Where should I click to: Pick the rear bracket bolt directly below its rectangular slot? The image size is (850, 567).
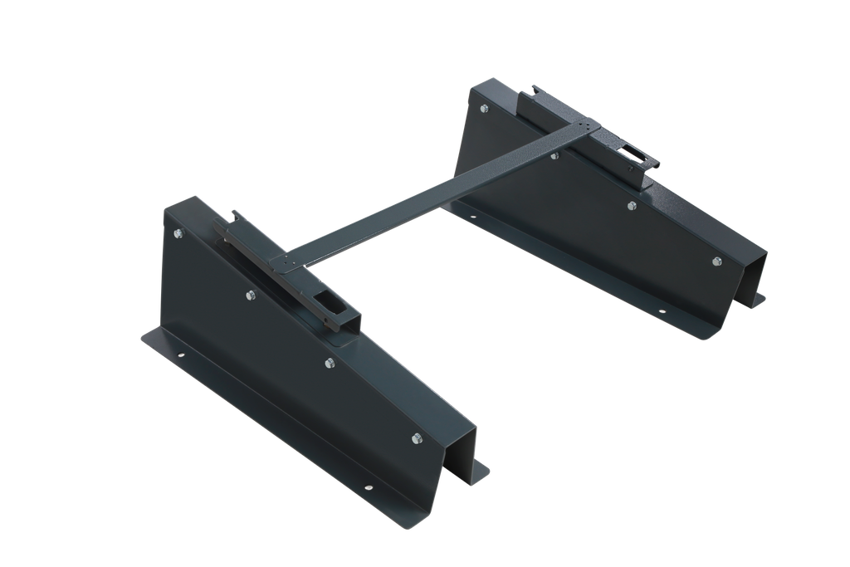pos(632,205)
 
